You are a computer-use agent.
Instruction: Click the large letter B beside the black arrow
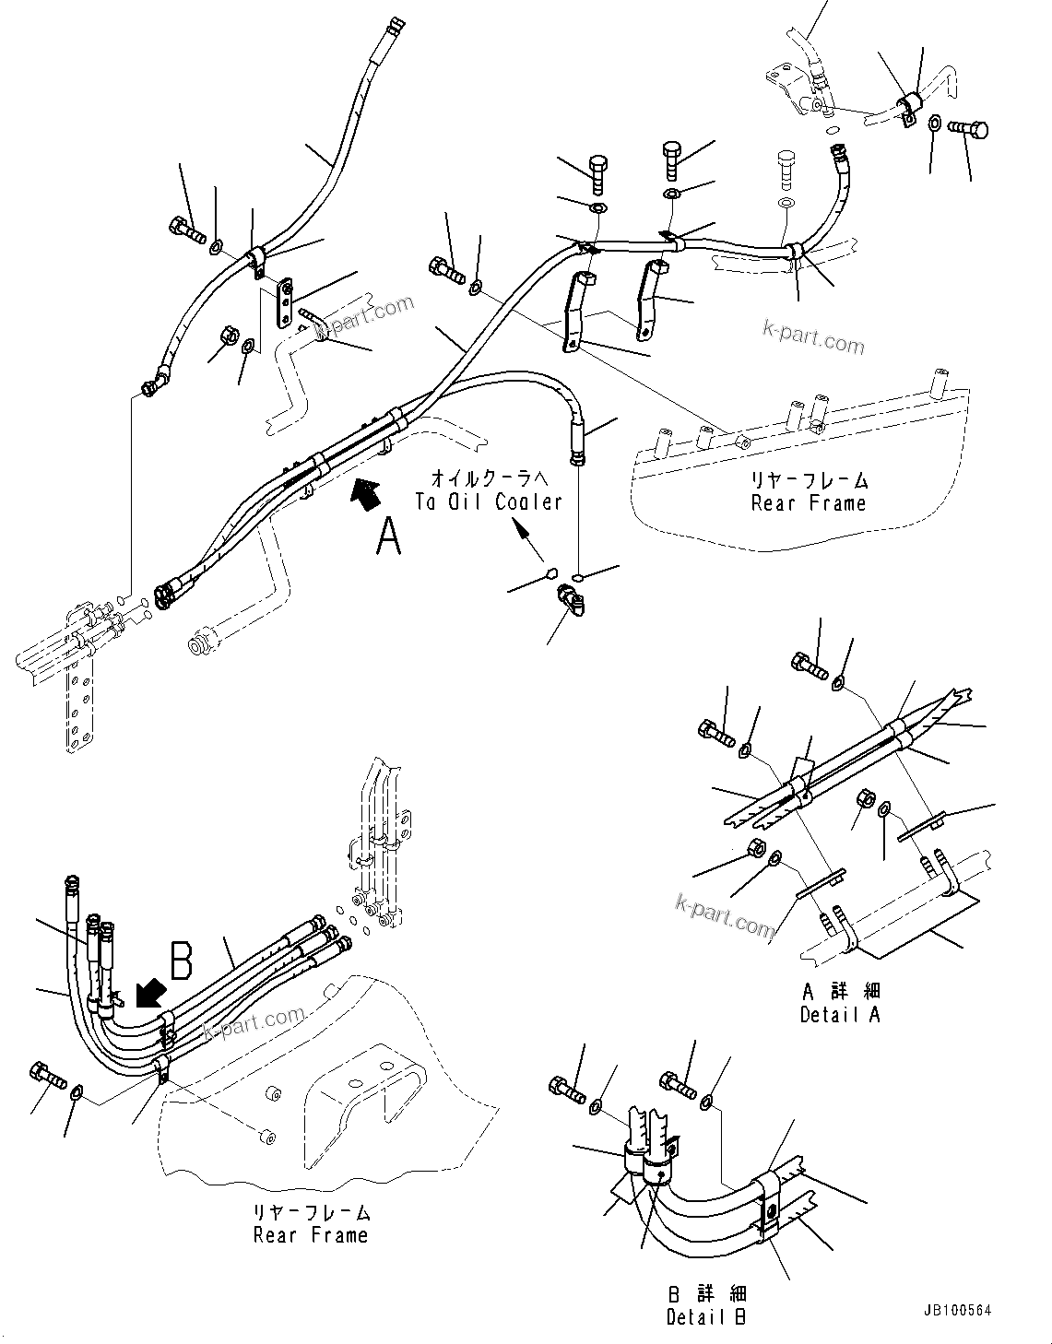pos(182,960)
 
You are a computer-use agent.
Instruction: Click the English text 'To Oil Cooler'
pos(488,501)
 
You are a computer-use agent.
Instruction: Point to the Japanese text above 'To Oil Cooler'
pos(489,478)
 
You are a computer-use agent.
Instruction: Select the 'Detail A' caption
pos(840,1014)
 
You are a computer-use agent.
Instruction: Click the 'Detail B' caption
pos(706,1316)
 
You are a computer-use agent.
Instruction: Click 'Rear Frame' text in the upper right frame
pos(809,503)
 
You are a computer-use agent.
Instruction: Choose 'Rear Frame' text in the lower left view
pos(311,1235)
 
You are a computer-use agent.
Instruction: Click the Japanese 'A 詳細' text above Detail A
pos(841,991)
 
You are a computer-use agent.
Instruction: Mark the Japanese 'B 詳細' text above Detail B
pos(707,1294)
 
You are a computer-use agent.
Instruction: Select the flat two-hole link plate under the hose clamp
pos(284,302)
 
